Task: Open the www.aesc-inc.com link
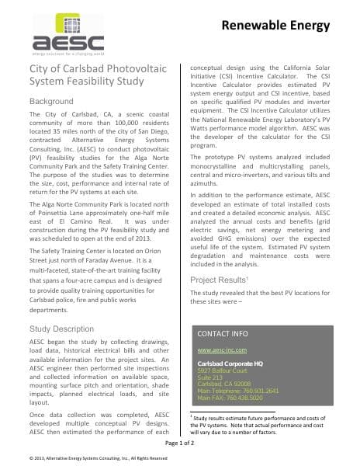click(x=220, y=351)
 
